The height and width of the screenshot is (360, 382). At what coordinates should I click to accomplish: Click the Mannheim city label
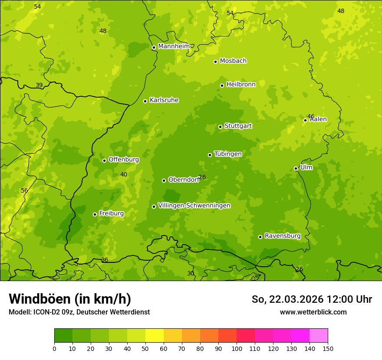[174, 46]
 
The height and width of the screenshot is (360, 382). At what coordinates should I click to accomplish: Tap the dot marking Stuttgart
[220, 127]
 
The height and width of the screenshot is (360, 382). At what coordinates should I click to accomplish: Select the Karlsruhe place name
[164, 100]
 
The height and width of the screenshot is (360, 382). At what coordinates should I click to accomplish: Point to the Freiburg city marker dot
[95, 214]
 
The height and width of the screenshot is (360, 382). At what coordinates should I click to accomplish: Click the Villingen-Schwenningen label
[194, 206]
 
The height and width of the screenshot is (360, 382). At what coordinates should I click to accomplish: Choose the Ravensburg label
[283, 236]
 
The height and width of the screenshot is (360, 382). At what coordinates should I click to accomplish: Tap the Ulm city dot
[296, 168]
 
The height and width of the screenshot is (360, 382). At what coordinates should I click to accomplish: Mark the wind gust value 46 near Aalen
[311, 116]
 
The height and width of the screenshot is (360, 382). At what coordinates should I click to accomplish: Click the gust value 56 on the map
[24, 190]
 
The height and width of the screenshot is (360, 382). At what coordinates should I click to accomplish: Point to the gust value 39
[39, 85]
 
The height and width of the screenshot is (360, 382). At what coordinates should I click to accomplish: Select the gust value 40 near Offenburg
[124, 174]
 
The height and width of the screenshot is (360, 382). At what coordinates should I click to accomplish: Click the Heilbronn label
[241, 85]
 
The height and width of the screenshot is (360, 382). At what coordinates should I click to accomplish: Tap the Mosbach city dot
[215, 62]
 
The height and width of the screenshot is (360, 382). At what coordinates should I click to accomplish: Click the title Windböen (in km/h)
[70, 299]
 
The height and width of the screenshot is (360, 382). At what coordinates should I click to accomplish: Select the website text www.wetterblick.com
[313, 312]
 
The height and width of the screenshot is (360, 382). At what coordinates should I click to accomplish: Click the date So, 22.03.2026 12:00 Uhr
[312, 299]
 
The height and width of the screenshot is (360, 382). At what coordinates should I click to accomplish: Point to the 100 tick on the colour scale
[237, 348]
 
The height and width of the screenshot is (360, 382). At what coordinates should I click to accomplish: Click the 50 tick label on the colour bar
[145, 348]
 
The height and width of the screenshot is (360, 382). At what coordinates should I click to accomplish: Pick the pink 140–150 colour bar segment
[319, 336]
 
